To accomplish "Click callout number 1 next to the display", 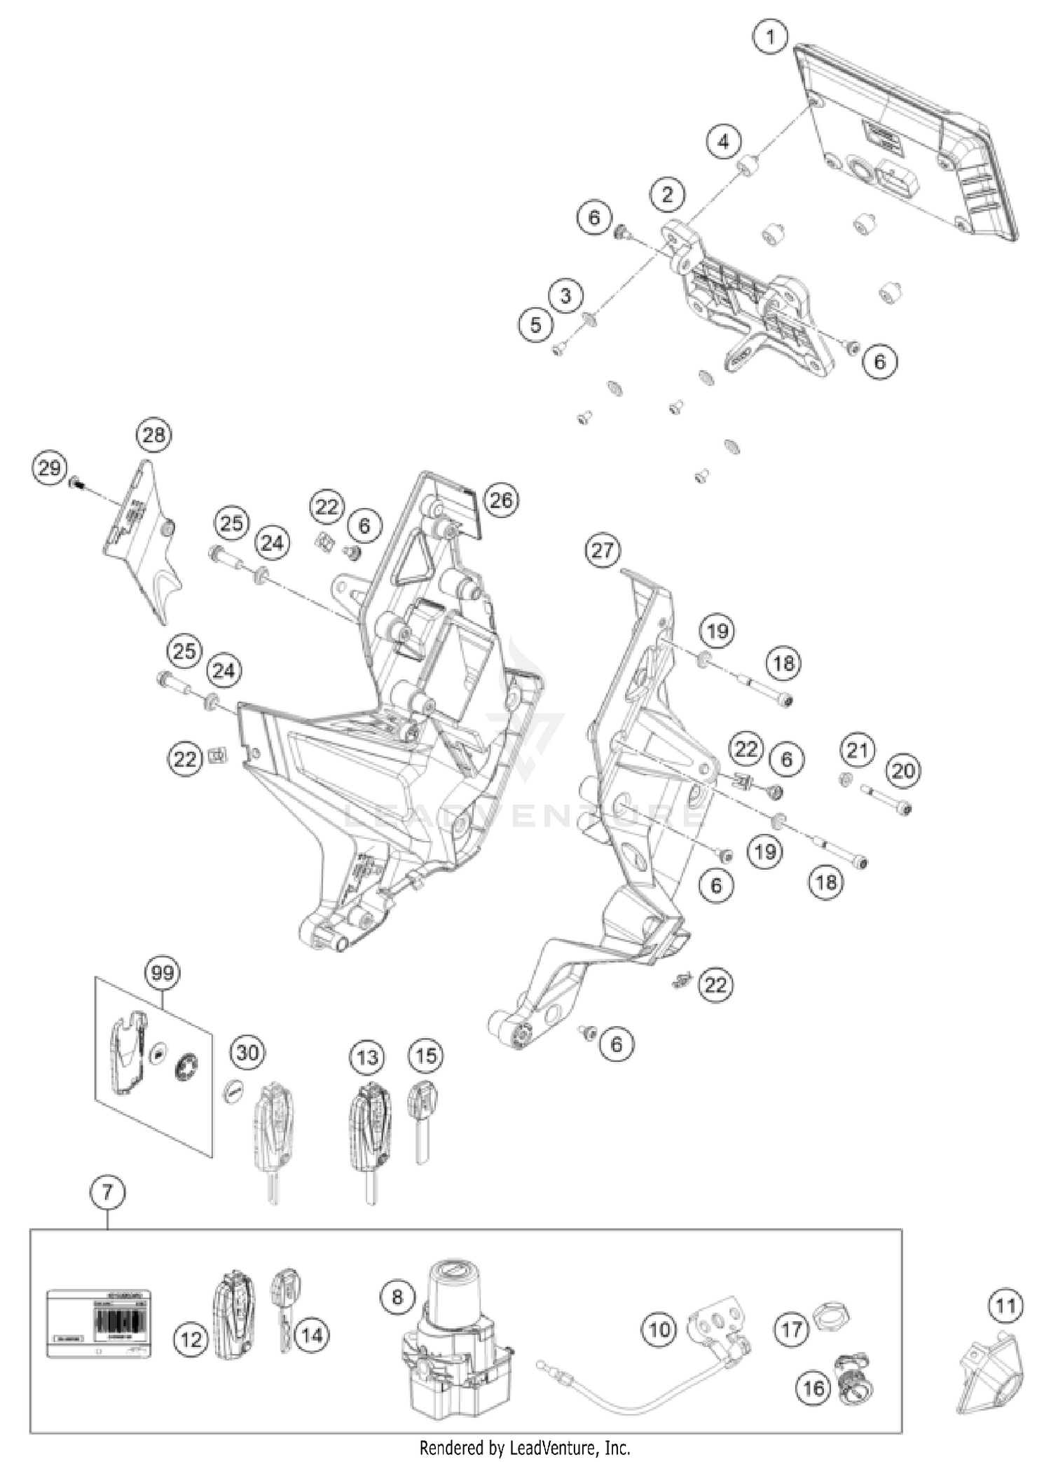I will [x=771, y=36].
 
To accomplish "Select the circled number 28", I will [x=154, y=435].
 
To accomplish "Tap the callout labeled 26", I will [x=501, y=500].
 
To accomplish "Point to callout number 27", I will [x=603, y=550].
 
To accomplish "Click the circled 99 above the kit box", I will [x=162, y=973].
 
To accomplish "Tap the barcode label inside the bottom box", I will [x=99, y=1325].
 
